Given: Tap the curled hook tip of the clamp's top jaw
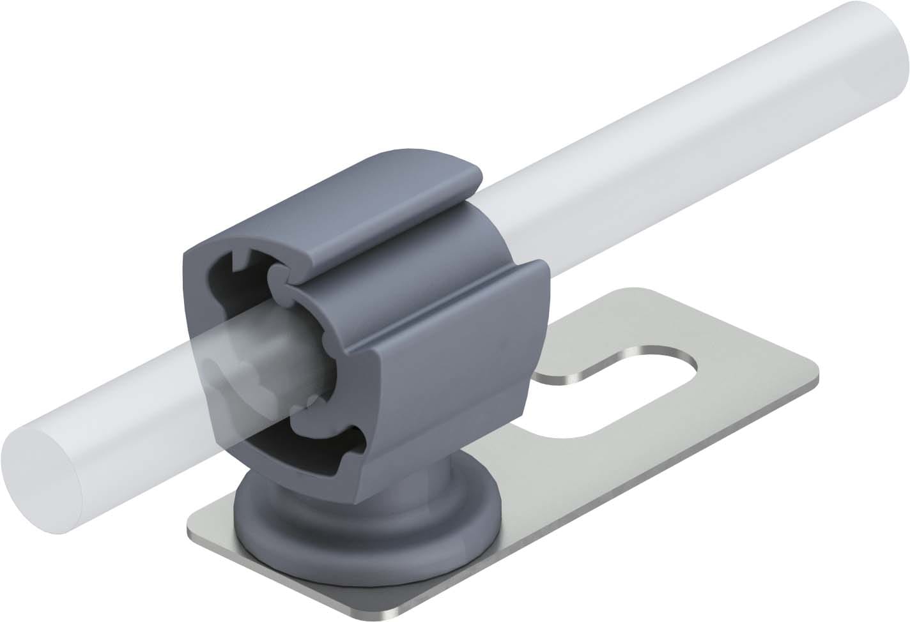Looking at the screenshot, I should (278, 276).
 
